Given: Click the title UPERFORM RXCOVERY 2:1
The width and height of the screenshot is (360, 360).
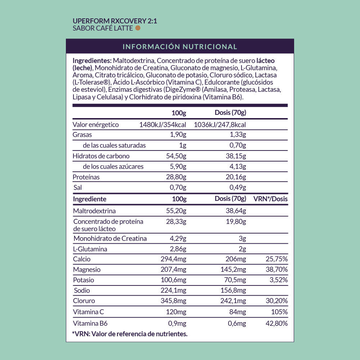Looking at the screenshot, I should [115, 21].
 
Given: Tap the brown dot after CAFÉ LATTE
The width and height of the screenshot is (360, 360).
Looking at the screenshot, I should [138, 28].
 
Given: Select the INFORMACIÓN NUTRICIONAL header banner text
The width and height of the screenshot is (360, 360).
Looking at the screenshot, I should [180, 47].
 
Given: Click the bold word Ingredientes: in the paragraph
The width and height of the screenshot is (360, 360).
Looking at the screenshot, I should [92, 60].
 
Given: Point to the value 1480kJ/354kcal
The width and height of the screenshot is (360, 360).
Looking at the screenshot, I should [162, 125].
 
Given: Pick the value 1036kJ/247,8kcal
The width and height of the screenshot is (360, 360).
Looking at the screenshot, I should [220, 125].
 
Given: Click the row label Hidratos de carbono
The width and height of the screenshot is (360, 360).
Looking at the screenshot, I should [101, 156].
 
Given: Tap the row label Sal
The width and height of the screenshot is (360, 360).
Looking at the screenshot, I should [77, 188].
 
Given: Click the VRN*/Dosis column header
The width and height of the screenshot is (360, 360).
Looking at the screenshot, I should [270, 199].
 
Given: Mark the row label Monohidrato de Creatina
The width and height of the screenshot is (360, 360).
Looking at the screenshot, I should [110, 238].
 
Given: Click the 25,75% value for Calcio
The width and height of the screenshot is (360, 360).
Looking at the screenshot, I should [276, 259].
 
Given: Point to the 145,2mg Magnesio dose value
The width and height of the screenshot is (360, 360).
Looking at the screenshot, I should [233, 270].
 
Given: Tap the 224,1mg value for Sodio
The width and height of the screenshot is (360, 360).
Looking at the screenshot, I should [173, 291].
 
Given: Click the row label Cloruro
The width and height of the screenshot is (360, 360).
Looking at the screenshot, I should [84, 301].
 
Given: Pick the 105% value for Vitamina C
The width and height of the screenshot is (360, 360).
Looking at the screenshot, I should [280, 312].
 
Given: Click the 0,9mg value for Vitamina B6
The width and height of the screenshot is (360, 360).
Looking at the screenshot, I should [177, 323].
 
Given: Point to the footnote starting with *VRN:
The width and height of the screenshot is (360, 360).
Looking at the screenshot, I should [130, 334].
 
